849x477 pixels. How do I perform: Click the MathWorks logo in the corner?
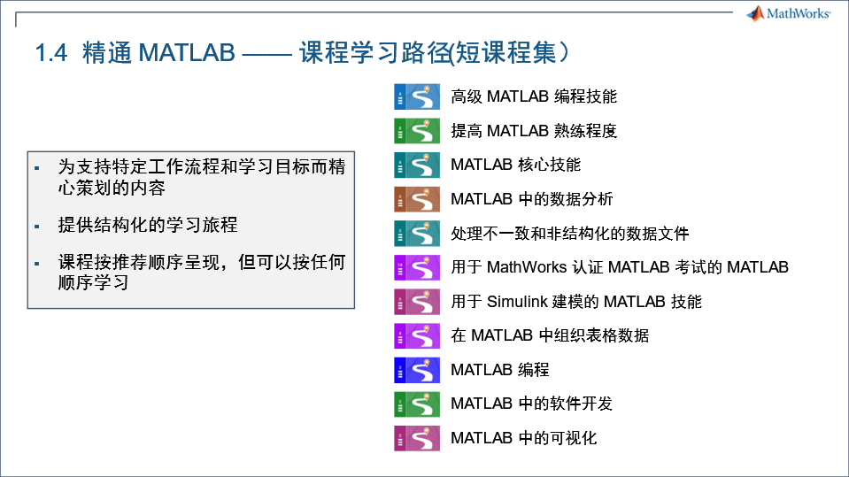788,13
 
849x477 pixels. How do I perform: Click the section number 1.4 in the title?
50,52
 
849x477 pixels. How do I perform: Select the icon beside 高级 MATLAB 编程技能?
417,96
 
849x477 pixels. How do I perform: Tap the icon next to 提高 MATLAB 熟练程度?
417,131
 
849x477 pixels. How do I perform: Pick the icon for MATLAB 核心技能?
417,165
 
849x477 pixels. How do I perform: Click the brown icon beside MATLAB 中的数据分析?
417,199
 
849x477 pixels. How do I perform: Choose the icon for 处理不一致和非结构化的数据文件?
417,234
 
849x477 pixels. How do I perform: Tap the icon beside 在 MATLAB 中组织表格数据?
417,335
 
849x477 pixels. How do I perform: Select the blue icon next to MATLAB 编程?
417,370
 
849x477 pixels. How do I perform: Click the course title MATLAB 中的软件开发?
531,404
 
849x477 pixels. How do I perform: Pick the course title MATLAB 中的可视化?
523,438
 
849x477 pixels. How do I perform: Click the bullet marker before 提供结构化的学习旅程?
37,227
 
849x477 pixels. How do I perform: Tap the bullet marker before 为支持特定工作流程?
37,167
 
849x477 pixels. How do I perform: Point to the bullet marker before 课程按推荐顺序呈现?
37,264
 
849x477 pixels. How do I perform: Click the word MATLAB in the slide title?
186,52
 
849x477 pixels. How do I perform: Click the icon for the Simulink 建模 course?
417,302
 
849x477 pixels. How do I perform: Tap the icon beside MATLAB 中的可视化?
417,438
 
